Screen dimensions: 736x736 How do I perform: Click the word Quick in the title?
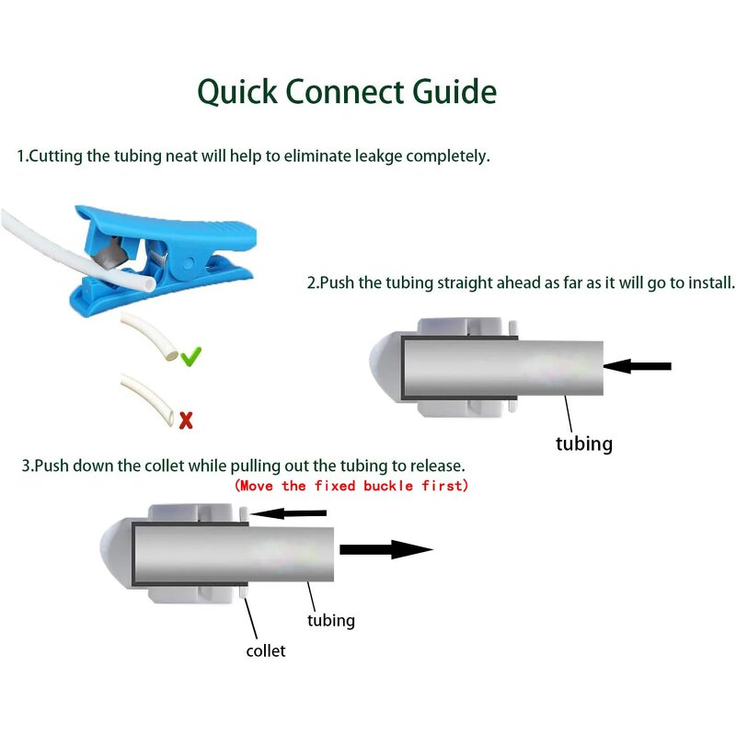[236, 92]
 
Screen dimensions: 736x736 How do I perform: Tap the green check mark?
[190, 355]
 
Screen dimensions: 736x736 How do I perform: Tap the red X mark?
[186, 420]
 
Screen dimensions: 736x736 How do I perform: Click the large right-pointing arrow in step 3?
[385, 550]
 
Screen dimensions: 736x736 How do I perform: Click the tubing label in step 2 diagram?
[583, 443]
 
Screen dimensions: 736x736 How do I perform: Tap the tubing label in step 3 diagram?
[330, 620]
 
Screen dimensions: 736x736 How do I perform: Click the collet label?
[265, 650]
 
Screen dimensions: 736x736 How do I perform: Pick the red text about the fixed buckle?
[351, 485]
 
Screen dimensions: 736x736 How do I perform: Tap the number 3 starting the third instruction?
[26, 466]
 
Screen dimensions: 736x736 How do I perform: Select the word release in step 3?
[436, 466]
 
